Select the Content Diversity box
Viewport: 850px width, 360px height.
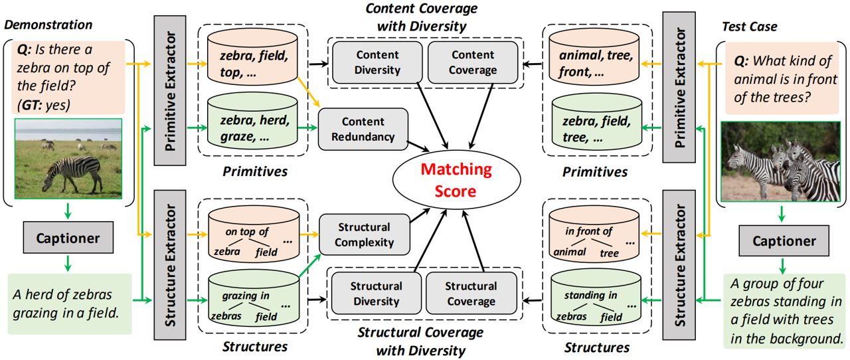(377, 62)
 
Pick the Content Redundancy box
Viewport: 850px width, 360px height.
(363, 130)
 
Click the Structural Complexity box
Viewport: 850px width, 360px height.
(363, 234)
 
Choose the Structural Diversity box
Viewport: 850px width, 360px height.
(376, 294)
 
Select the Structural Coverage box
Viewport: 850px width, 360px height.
(470, 294)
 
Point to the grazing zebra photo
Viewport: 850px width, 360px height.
(68, 158)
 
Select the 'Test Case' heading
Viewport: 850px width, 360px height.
(749, 27)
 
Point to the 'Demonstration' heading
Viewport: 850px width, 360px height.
(48, 25)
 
